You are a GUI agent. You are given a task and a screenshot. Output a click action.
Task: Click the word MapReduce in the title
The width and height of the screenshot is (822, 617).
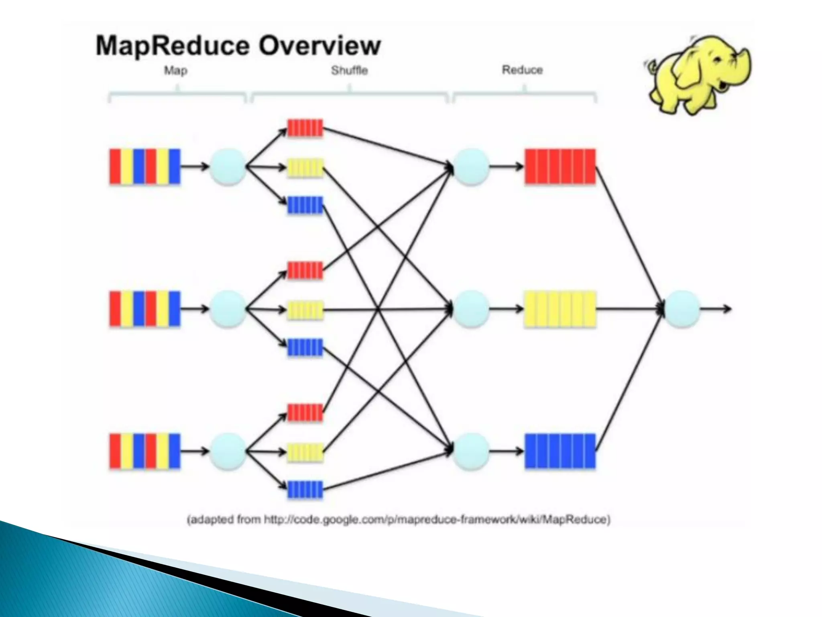pyautogui.click(x=173, y=46)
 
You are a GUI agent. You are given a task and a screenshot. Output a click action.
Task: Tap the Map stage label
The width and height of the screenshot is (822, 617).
pyautogui.click(x=175, y=71)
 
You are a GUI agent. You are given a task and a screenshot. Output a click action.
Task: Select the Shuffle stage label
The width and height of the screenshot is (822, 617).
pyautogui.click(x=349, y=71)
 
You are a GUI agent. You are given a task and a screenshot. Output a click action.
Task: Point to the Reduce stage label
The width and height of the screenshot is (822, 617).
pyautogui.click(x=522, y=70)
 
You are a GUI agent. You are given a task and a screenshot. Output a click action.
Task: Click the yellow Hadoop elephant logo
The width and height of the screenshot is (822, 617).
pyautogui.click(x=698, y=74)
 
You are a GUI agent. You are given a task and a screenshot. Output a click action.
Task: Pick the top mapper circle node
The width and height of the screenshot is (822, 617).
pyautogui.click(x=228, y=167)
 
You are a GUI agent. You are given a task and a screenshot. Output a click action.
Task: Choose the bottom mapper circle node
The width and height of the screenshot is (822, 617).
pyautogui.click(x=228, y=452)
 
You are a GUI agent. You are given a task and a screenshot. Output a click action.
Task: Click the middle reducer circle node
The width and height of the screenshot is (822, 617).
pyautogui.click(x=471, y=309)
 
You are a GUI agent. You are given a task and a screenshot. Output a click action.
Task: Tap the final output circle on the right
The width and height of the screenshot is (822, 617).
pyautogui.click(x=682, y=309)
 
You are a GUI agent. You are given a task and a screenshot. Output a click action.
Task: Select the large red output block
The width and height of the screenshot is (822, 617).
pyautogui.click(x=560, y=167)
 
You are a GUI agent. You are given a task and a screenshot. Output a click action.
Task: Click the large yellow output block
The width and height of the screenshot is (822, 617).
pyautogui.click(x=560, y=309)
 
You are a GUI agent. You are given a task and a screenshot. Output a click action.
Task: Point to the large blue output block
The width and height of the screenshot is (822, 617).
pyautogui.click(x=560, y=451)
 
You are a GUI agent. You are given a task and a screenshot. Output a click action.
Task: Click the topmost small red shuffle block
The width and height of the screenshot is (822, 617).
pyautogui.click(x=305, y=128)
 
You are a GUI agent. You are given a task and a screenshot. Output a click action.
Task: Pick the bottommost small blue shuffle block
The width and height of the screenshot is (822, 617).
pyautogui.click(x=305, y=490)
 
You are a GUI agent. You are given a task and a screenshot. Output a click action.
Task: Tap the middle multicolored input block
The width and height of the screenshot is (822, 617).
pyautogui.click(x=145, y=309)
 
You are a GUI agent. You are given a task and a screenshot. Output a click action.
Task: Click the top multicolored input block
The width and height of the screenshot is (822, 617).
pyautogui.click(x=145, y=167)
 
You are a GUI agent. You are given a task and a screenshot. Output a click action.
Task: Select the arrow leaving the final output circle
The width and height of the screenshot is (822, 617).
pyautogui.click(x=716, y=309)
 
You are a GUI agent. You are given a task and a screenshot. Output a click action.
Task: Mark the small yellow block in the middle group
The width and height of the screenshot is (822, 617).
pyautogui.click(x=305, y=310)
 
